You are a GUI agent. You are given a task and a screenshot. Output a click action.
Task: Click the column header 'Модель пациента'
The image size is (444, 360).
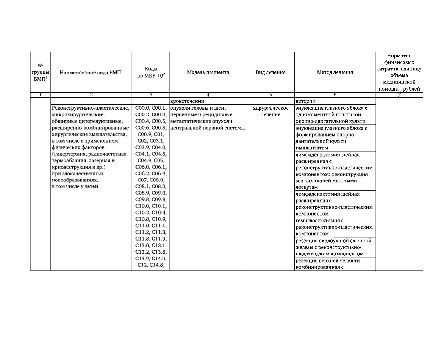tap(208, 72)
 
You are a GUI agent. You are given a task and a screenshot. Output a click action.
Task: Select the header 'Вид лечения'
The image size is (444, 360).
tap(271, 72)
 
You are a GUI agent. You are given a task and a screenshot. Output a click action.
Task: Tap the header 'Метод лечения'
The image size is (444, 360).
tap(335, 72)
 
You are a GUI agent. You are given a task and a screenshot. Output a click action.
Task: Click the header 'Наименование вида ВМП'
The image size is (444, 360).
tap(91, 72)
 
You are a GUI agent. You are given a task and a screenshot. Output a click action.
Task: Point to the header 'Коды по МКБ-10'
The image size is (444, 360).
tap(151, 72)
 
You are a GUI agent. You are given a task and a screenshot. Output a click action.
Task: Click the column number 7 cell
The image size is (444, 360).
tap(399, 95)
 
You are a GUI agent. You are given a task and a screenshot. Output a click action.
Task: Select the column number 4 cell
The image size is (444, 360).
tap(208, 95)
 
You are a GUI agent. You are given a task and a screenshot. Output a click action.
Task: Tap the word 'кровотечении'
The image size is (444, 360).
tap(187, 101)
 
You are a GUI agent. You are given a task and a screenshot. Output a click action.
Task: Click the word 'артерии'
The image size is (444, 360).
tap(306, 101)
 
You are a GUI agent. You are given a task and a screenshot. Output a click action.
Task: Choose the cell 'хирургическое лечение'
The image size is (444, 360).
tap(271, 111)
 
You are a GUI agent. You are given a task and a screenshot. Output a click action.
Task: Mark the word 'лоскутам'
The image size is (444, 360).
tap(307, 187)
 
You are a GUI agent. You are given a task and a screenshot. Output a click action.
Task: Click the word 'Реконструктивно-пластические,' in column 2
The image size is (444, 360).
tap(90, 108)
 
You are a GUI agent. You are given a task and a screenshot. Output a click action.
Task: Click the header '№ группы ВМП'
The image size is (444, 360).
tap(40, 72)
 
